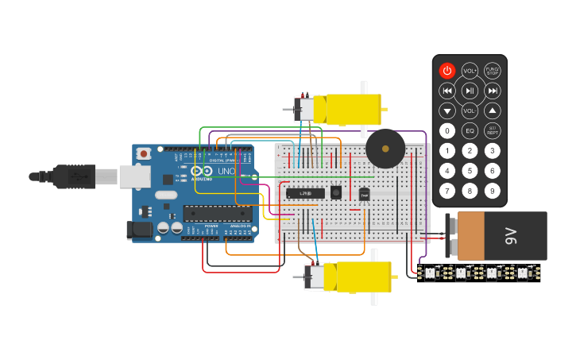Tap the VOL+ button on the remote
tap(470, 71)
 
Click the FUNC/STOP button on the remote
tap(493, 71)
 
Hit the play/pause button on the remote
tap(470, 91)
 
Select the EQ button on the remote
tap(470, 130)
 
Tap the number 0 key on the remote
tap(447, 130)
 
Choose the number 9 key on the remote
tap(493, 190)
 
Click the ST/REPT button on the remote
tap(493, 130)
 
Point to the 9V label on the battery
tap(511, 235)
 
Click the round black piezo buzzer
tap(385, 148)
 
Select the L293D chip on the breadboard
tap(305, 192)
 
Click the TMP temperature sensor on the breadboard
tap(364, 194)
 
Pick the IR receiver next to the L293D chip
tap(336, 192)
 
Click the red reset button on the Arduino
tap(144, 153)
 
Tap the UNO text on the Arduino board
tap(226, 171)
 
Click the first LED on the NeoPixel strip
tap(430, 273)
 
